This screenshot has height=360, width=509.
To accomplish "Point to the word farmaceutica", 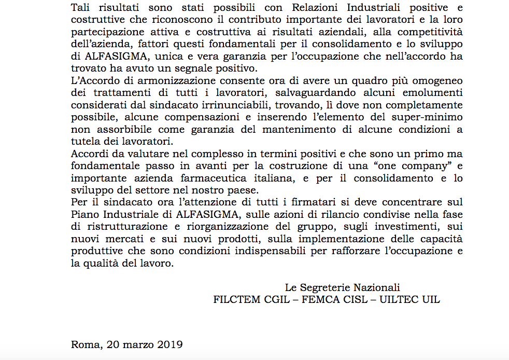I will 209,178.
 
